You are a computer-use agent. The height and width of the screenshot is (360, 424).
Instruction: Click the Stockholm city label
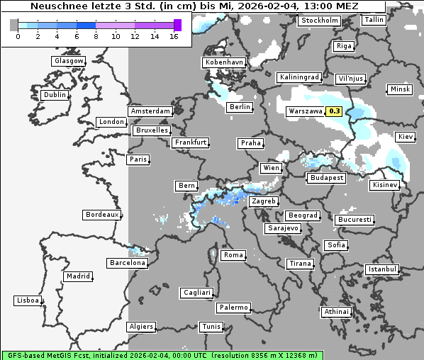tap(319, 21)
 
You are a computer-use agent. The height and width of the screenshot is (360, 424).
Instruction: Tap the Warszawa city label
tap(305, 112)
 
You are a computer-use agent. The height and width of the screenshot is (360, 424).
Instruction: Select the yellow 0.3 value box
tap(335, 111)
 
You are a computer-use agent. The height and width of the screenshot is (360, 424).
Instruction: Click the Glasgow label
tap(69, 61)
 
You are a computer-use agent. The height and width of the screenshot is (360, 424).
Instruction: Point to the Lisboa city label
tap(28, 300)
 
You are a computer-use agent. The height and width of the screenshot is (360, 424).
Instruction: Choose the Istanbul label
tap(382, 269)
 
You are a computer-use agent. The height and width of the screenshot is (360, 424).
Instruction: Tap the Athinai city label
tap(336, 312)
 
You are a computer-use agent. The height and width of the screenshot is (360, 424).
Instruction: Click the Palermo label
tap(233, 308)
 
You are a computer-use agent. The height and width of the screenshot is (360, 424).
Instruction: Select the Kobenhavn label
tap(223, 62)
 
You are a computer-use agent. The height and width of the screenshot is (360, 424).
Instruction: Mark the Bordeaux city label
tap(102, 214)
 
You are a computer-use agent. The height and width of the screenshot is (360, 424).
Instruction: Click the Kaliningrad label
tap(299, 77)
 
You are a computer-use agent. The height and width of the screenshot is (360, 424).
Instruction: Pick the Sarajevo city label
tap(283, 228)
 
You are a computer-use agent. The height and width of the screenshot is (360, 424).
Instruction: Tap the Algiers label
tap(140, 327)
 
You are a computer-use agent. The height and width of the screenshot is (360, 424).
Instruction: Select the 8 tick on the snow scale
tap(96, 36)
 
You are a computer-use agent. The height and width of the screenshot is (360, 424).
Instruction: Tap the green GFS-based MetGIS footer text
tap(162, 354)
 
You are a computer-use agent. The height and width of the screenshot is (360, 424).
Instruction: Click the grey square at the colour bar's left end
tap(14, 25)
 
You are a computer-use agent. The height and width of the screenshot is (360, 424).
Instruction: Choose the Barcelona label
tap(128, 263)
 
